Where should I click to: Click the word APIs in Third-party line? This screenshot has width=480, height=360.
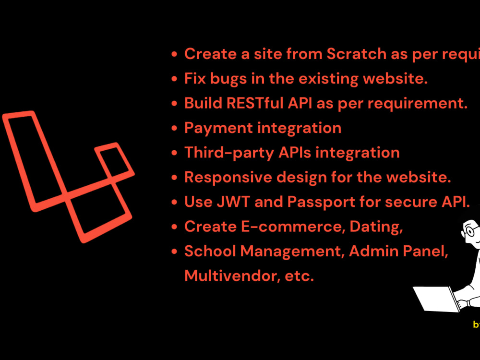tap(295, 153)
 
